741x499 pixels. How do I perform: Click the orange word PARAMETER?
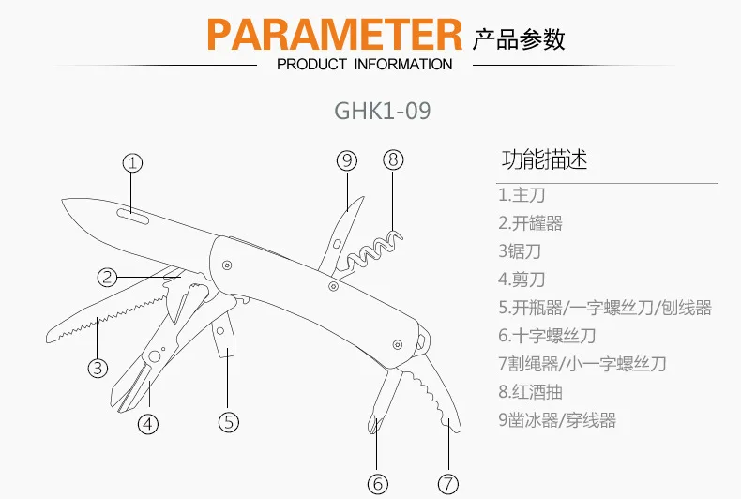(335, 34)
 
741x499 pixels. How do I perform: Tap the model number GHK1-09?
(383, 111)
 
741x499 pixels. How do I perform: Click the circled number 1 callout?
(133, 163)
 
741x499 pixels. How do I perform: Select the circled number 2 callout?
(107, 277)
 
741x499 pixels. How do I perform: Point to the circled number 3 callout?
(98, 368)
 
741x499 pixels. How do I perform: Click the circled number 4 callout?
(148, 424)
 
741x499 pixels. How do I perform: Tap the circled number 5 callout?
(229, 422)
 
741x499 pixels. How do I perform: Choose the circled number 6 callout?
(378, 483)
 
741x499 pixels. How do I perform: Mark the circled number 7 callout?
(448, 483)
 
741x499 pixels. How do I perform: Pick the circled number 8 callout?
(393, 159)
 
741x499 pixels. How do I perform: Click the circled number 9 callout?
(347, 160)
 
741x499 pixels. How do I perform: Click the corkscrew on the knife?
(373, 250)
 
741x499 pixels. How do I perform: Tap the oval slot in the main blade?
(133, 215)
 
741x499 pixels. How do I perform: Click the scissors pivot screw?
(154, 356)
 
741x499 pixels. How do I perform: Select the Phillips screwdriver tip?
(375, 424)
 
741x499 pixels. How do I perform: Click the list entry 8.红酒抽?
(530, 392)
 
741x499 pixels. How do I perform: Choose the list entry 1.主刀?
(522, 195)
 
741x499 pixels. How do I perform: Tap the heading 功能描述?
(544, 159)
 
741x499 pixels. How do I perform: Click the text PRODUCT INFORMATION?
(364, 65)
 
